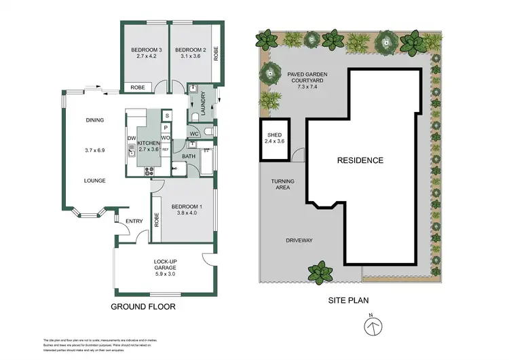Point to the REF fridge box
165,149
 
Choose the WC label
193,133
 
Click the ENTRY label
134,221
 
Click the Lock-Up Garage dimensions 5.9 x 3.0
164,274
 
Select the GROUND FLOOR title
143,307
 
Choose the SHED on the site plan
276,135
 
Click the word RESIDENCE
360,161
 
